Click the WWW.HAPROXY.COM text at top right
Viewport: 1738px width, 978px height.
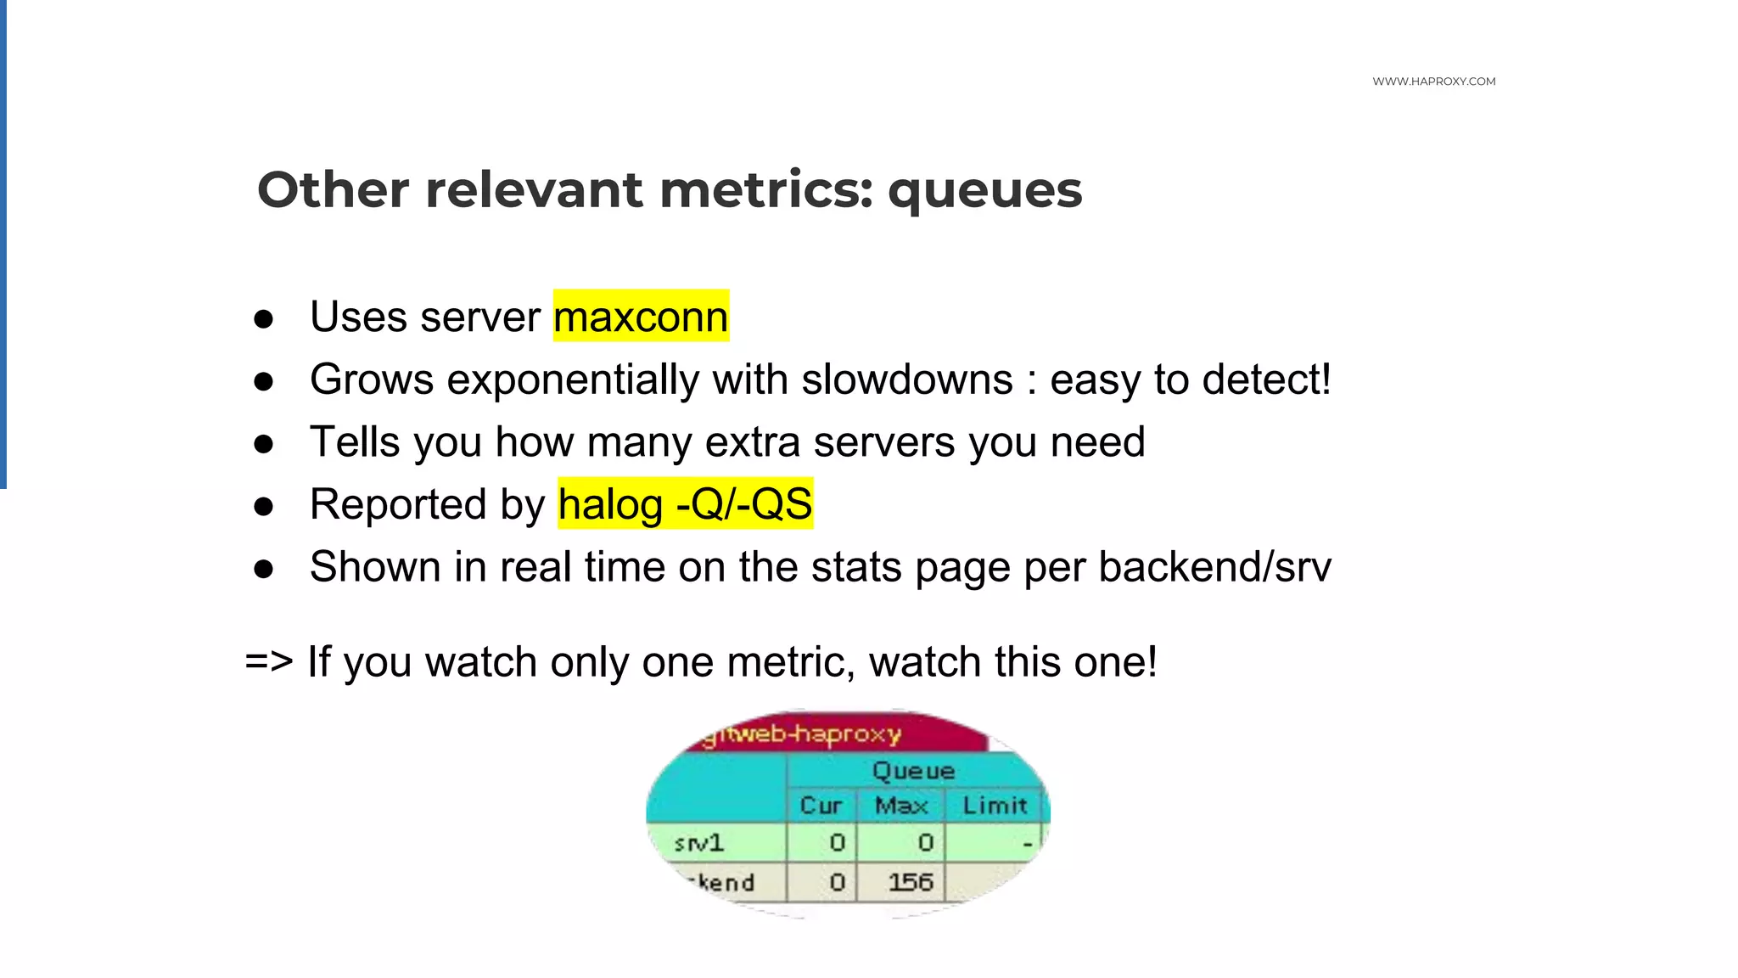coord(1433,81)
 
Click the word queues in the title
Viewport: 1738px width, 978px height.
coord(984,191)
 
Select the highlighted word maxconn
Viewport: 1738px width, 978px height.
coord(641,317)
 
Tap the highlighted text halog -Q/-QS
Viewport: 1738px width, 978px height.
coord(686,504)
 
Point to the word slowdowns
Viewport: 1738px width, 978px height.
coord(907,379)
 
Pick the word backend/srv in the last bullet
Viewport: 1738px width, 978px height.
coord(1214,567)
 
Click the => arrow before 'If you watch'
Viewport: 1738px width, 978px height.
coord(269,660)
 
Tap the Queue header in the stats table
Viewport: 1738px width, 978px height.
coord(913,771)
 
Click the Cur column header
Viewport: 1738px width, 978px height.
coord(821,805)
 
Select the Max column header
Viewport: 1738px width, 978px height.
coord(901,805)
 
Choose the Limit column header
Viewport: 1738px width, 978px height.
coord(995,805)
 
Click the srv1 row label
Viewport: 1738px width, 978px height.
coord(698,843)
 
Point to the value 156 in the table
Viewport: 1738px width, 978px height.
coord(911,882)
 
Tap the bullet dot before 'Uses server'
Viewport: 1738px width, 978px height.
coord(264,319)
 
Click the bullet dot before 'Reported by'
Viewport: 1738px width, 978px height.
coord(264,507)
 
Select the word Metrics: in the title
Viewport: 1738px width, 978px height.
coord(765,189)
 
